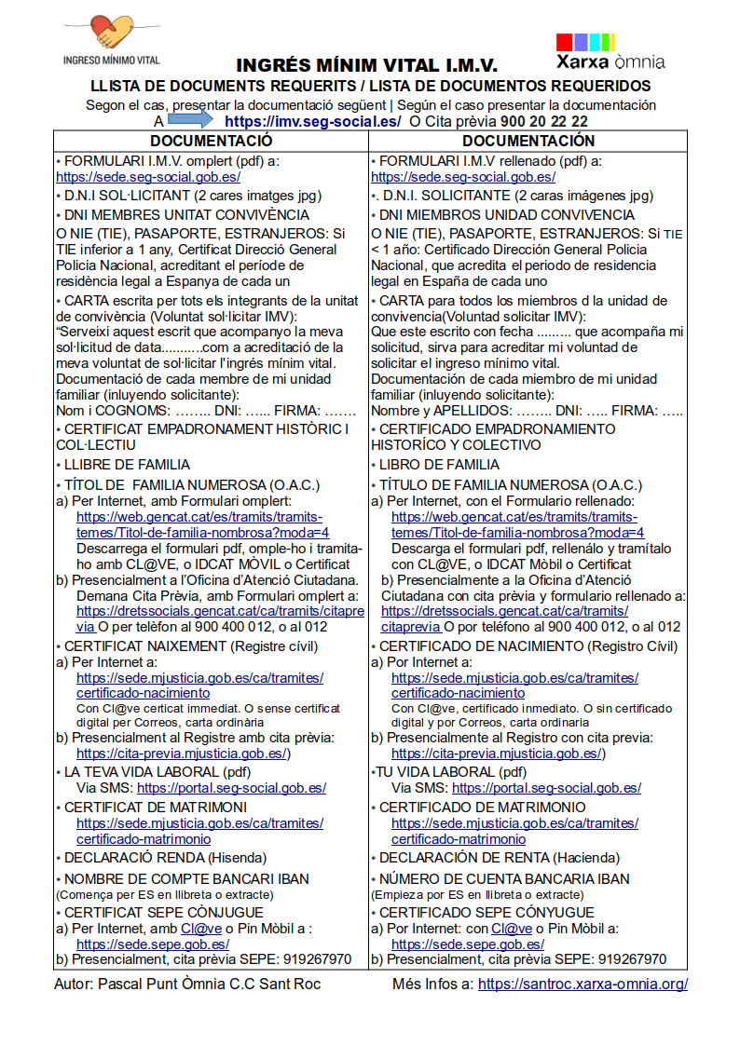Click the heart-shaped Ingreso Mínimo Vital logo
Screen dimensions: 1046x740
pyautogui.click(x=111, y=34)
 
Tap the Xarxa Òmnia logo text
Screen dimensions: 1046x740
pyautogui.click(x=610, y=62)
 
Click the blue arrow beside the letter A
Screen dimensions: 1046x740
pyautogui.click(x=191, y=120)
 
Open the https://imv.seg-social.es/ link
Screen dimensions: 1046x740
pyautogui.click(x=313, y=121)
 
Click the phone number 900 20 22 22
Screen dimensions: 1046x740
pyautogui.click(x=544, y=121)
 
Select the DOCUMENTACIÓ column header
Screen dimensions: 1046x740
pyautogui.click(x=212, y=141)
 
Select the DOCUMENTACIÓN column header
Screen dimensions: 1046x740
pyautogui.click(x=528, y=141)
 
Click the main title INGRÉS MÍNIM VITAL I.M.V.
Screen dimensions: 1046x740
pyautogui.click(x=366, y=66)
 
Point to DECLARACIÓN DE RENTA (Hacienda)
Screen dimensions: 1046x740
pyautogui.click(x=499, y=858)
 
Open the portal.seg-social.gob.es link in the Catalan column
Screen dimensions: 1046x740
pyautogui.click(x=231, y=787)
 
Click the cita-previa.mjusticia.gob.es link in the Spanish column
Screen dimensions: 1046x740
pyautogui.click(x=497, y=753)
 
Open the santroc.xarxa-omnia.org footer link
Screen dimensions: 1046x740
pyautogui.click(x=582, y=984)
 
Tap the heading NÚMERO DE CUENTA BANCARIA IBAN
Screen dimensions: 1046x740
pyautogui.click(x=504, y=878)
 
